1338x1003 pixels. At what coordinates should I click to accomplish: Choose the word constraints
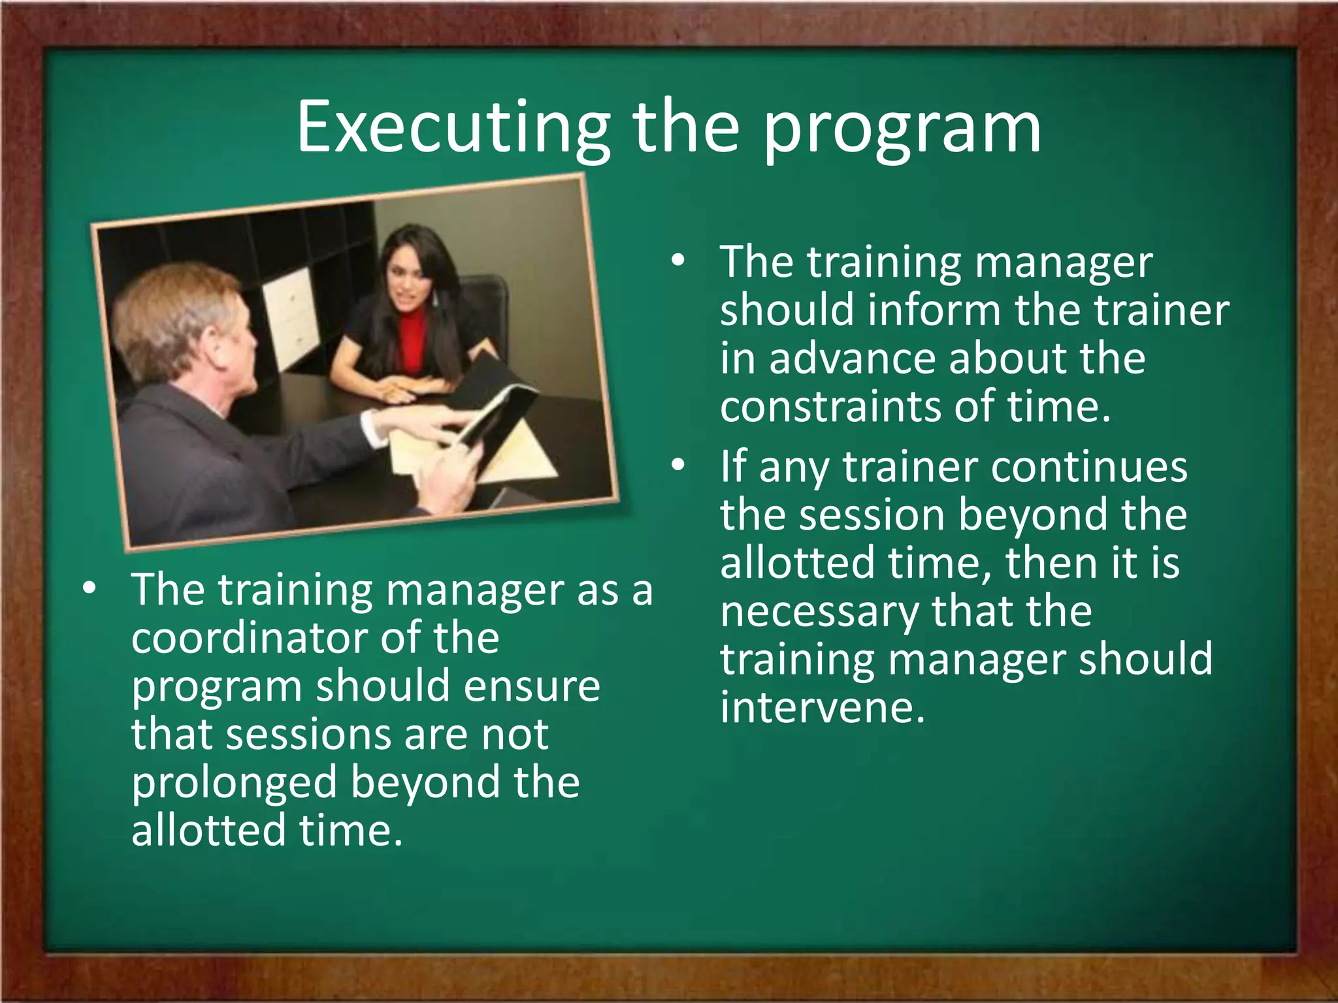click(x=830, y=406)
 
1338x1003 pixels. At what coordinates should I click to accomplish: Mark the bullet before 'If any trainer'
click(x=678, y=465)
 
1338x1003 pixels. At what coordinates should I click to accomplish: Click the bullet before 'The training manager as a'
click(x=90, y=588)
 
